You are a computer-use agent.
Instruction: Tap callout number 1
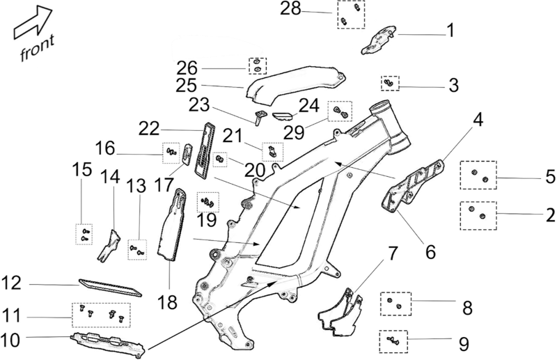450,31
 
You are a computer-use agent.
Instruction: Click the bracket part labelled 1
379,40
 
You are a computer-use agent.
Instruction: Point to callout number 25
186,87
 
